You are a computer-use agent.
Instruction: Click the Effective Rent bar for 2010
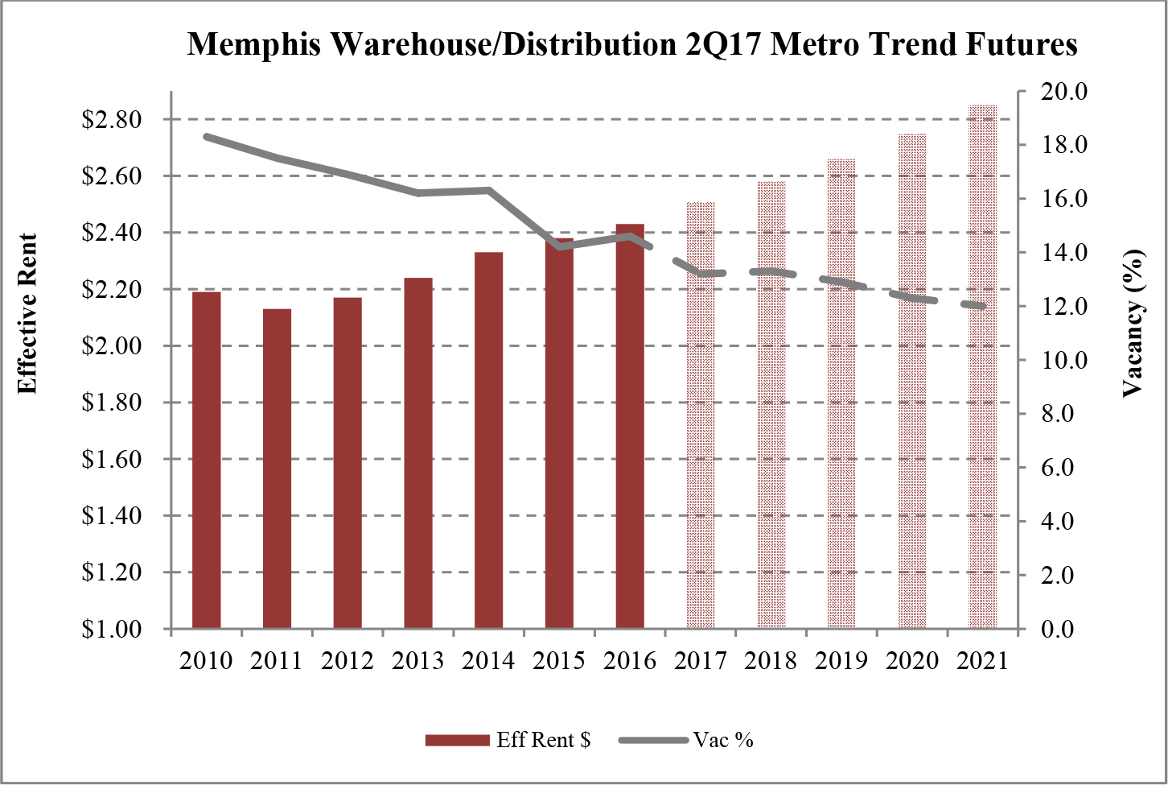pos(206,460)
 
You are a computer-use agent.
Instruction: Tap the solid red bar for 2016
pos(630,426)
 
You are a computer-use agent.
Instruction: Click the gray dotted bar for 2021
pos(982,366)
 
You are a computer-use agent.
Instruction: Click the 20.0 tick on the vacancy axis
pos(1064,92)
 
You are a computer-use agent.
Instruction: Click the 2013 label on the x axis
pos(417,661)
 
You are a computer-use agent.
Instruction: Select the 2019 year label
pos(841,661)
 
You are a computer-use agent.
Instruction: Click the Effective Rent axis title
pos(27,314)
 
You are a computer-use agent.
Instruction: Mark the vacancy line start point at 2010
pos(207,137)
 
